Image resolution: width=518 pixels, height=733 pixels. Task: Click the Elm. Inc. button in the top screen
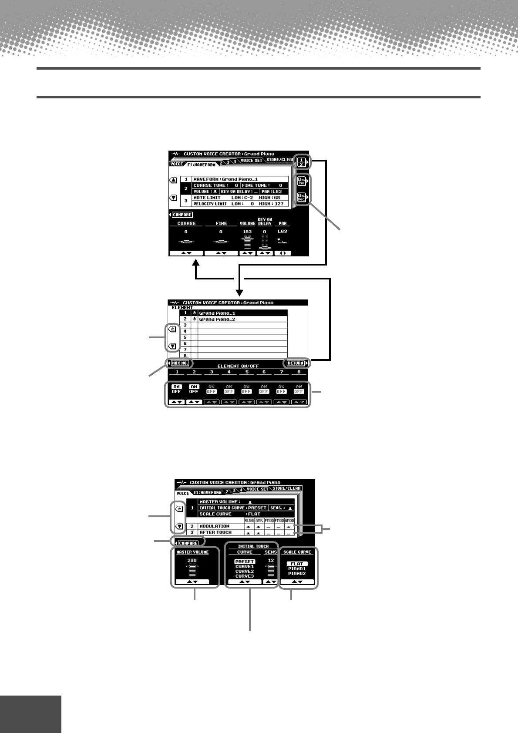(x=301, y=181)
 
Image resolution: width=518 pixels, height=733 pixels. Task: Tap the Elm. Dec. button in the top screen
(x=301, y=198)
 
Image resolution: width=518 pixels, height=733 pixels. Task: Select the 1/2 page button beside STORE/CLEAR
(x=301, y=162)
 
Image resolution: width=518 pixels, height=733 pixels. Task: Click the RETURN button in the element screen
(x=295, y=363)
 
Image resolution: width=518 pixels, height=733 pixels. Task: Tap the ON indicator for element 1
(x=176, y=387)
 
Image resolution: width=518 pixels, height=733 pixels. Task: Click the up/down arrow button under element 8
(x=298, y=402)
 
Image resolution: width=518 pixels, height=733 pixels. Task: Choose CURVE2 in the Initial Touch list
(x=244, y=571)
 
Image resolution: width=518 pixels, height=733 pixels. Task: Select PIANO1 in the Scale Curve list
(x=297, y=568)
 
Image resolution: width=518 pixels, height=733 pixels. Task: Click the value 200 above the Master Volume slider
(x=192, y=560)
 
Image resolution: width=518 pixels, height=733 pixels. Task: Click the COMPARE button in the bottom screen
(x=188, y=543)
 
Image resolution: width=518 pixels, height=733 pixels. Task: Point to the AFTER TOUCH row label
(x=215, y=532)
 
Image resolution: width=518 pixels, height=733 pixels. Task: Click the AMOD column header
(x=289, y=521)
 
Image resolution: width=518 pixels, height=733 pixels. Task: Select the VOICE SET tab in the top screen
(x=252, y=161)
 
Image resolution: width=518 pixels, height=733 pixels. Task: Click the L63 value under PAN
(x=282, y=232)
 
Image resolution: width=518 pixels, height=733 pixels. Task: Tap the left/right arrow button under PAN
(x=283, y=253)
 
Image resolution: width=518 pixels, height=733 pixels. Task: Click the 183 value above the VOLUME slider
(x=247, y=232)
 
